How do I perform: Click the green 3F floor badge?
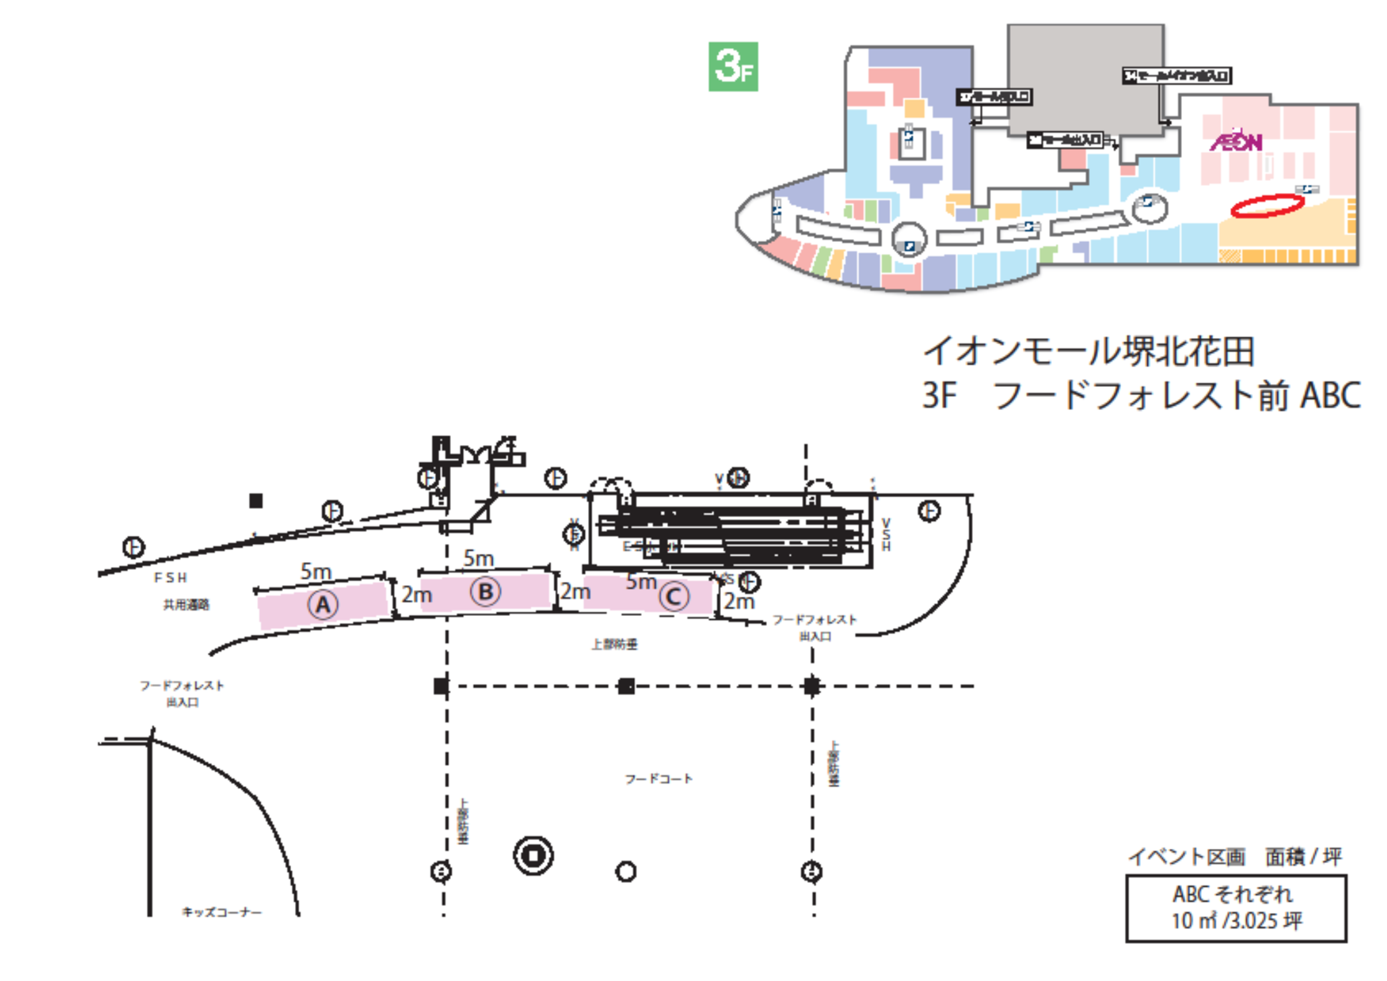pyautogui.click(x=733, y=67)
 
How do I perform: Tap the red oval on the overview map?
pyautogui.click(x=1267, y=206)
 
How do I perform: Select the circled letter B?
pyautogui.click(x=485, y=592)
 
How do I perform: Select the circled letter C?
pyautogui.click(x=674, y=596)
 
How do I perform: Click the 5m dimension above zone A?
pyautogui.click(x=316, y=571)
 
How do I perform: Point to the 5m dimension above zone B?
pyautogui.click(x=479, y=559)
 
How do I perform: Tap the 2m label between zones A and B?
pyautogui.click(x=417, y=595)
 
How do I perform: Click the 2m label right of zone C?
pyautogui.click(x=739, y=601)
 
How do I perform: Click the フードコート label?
pyautogui.click(x=658, y=779)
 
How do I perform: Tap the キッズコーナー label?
pyautogui.click(x=222, y=912)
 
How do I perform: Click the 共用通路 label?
pyautogui.click(x=186, y=605)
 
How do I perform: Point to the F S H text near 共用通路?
pyautogui.click(x=171, y=578)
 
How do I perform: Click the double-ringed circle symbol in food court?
pyautogui.click(x=533, y=855)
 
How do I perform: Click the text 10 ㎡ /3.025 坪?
pyautogui.click(x=1237, y=921)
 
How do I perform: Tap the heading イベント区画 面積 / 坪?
pyautogui.click(x=1235, y=856)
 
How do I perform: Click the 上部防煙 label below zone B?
pyautogui.click(x=614, y=644)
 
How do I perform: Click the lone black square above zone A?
pyautogui.click(x=256, y=501)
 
